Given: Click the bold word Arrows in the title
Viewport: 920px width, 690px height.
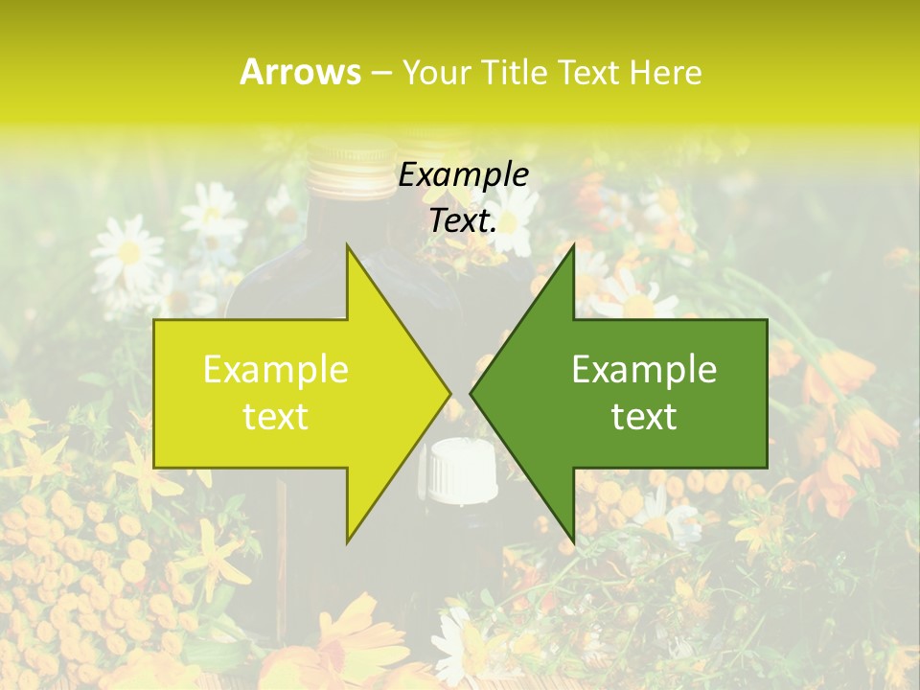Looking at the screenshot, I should point(301,72).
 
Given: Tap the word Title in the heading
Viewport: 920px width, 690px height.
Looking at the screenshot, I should point(515,72).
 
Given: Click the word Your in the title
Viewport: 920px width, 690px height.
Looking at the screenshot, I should point(437,72).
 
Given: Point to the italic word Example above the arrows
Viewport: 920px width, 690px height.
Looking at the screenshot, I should point(463,175).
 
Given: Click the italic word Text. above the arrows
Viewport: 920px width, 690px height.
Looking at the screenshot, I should point(463,220).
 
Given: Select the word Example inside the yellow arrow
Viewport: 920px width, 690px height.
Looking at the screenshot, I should point(276,369).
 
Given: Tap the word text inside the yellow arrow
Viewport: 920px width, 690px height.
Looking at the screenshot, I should point(276,416).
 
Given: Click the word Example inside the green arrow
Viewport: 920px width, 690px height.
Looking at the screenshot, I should point(644,369).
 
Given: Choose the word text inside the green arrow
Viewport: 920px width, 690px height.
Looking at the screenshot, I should point(644,416).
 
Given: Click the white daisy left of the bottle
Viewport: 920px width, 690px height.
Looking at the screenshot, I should point(129,251).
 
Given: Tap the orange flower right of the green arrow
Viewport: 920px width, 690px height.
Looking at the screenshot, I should point(843,374).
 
